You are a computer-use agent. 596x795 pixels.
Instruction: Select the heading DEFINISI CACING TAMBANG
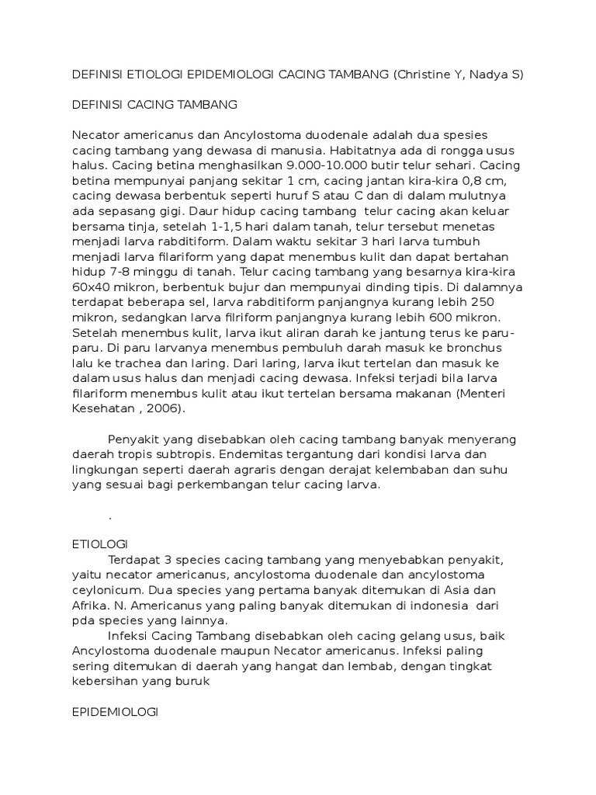(154, 103)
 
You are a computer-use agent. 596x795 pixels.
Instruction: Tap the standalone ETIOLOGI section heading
(99, 544)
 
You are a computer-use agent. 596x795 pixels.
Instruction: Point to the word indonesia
(433, 606)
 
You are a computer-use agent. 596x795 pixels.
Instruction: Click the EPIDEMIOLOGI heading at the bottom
(114, 711)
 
